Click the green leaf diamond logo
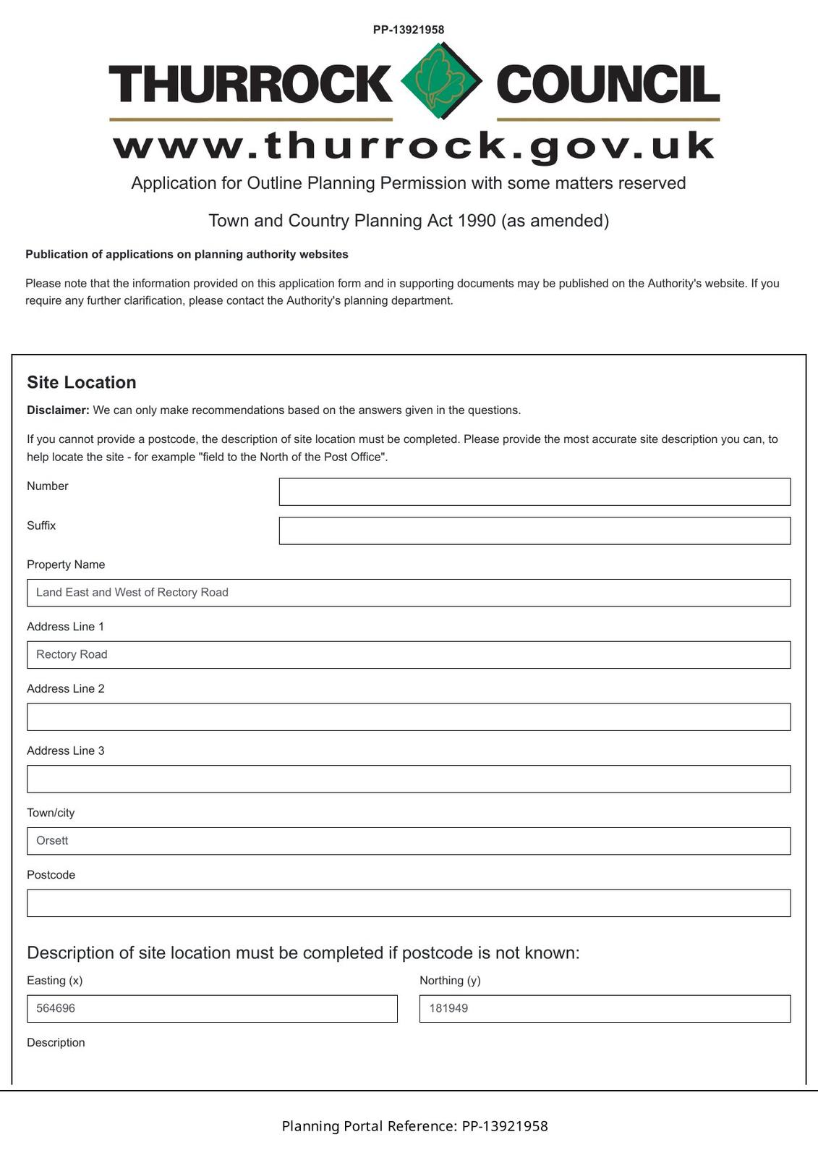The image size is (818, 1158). tap(441, 81)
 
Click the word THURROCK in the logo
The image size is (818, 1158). tap(250, 84)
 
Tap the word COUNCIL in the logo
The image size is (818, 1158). tap(608, 84)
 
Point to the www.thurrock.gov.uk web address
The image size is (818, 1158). tap(414, 145)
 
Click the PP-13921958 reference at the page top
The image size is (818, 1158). tap(409, 30)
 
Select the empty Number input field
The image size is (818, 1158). tap(534, 491)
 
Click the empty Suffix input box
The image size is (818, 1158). tap(534, 531)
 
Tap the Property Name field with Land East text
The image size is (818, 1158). tap(409, 593)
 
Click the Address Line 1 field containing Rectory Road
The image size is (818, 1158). tap(409, 655)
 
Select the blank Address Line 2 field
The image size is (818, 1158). tap(409, 717)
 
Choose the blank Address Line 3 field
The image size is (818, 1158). tap(409, 779)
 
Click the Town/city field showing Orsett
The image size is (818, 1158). tap(409, 841)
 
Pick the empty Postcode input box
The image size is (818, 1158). tap(409, 903)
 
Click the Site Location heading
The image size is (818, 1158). tap(82, 382)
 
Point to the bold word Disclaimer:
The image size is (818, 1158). tap(58, 410)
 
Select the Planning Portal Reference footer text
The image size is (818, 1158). tap(414, 1126)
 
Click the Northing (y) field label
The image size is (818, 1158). tap(450, 981)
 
